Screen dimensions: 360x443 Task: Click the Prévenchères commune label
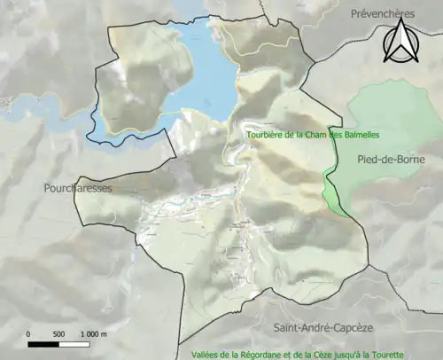pyautogui.click(x=383, y=14)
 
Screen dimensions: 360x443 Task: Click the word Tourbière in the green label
pyautogui.click(x=268, y=136)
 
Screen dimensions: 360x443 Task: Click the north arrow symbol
pyautogui.click(x=399, y=41)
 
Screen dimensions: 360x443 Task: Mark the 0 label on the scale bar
pyautogui.click(x=29, y=334)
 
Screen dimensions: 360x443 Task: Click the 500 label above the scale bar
pyautogui.click(x=58, y=334)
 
